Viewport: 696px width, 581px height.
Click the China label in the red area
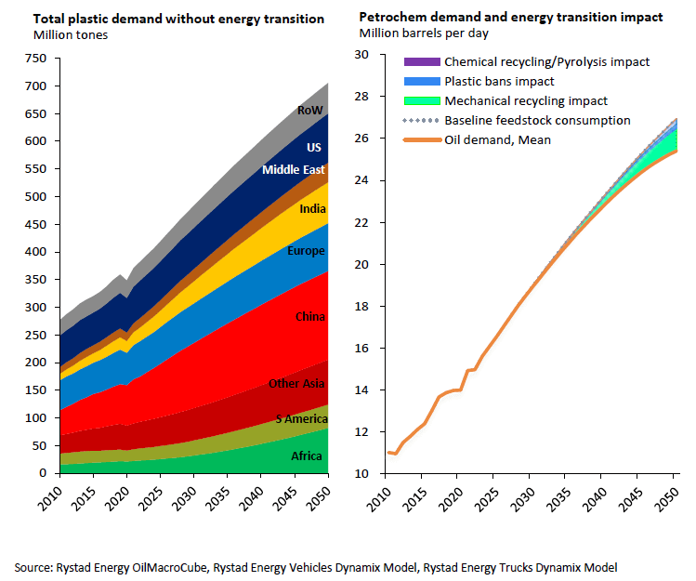[x=310, y=317]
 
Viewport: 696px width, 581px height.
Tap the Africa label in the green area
[x=307, y=456]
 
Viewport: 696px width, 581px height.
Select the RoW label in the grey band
[x=309, y=111]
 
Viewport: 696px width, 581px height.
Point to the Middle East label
[x=294, y=170]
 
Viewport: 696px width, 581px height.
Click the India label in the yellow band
[x=312, y=209]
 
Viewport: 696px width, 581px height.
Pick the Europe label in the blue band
[x=306, y=251]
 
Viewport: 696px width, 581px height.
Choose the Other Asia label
[x=296, y=384]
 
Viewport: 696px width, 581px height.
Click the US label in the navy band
[x=314, y=148]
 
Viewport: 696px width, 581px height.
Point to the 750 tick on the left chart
[x=34, y=59]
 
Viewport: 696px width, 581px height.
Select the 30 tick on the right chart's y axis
[x=363, y=55]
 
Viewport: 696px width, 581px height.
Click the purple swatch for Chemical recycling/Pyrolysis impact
[x=420, y=62]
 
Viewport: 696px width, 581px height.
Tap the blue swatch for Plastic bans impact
[x=420, y=82]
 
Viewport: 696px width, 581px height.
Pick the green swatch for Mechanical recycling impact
[x=420, y=101]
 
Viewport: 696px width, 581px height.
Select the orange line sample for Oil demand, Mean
[x=420, y=140]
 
